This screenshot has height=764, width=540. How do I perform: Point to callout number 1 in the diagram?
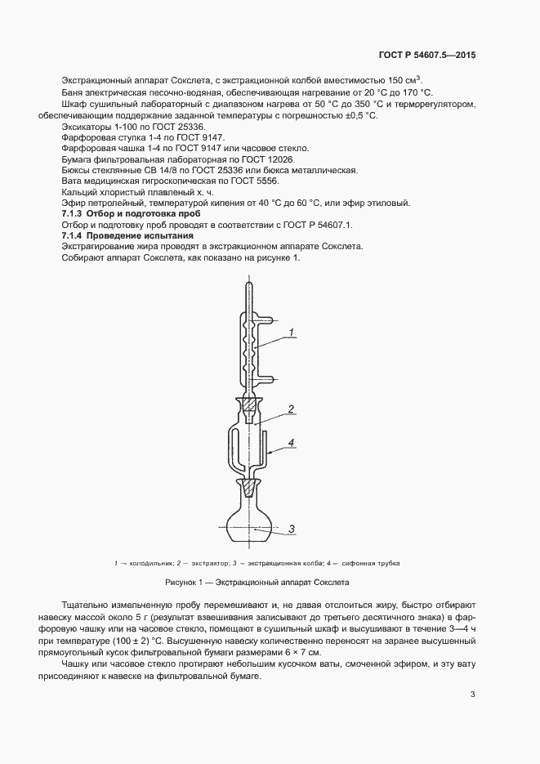290,333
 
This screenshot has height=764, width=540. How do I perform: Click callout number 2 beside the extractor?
290,409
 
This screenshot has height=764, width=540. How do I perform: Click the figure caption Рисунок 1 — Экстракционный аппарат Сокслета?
257,583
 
